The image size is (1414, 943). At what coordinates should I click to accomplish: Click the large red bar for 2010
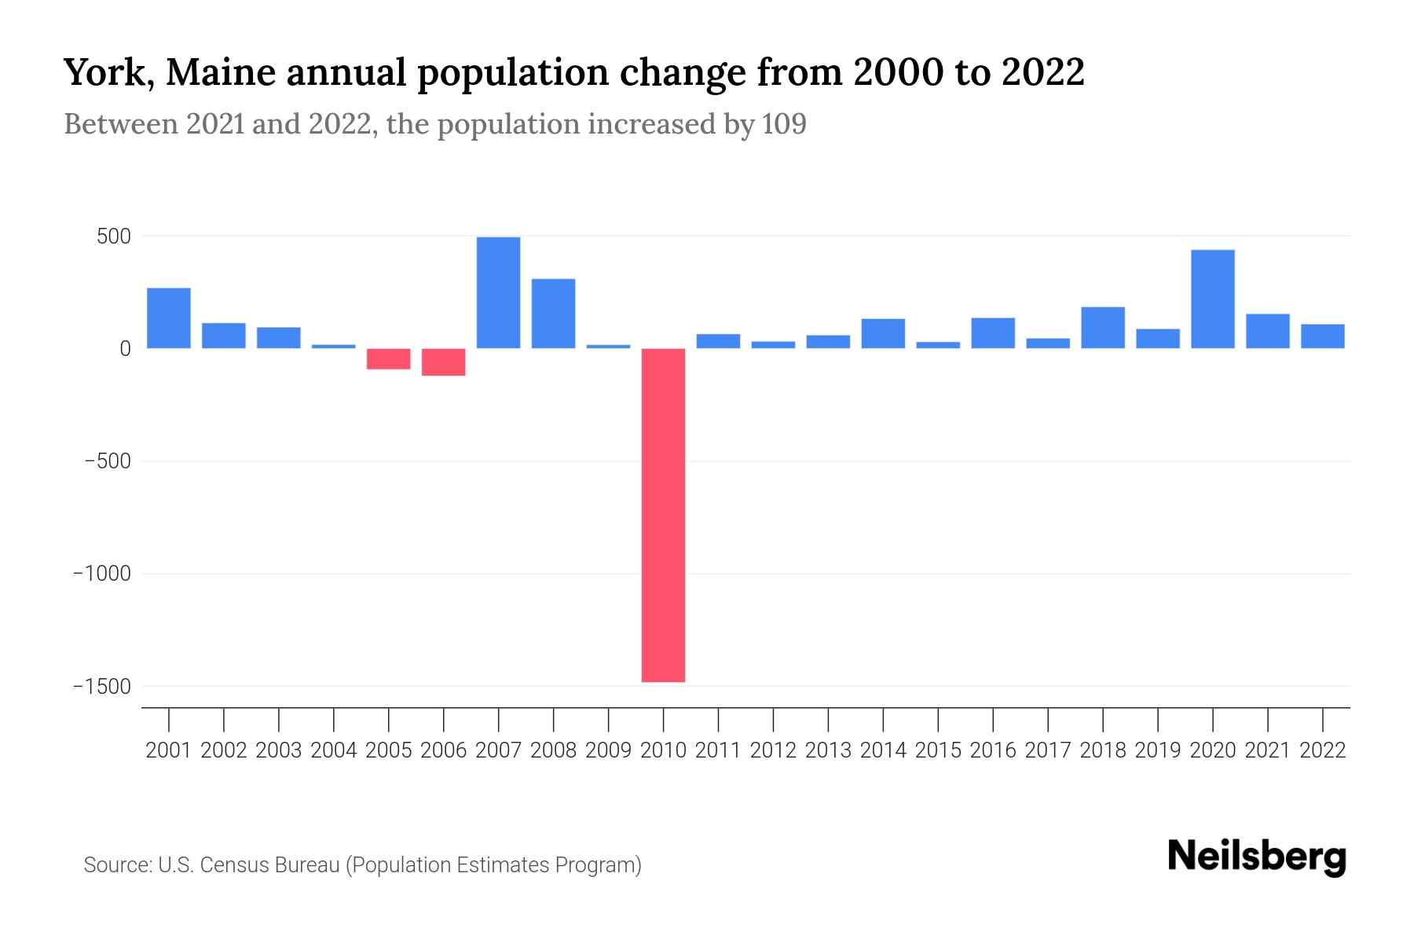pos(663,515)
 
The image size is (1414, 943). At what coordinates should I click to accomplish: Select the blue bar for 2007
pos(498,292)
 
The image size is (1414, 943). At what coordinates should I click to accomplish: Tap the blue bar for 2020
pos(1212,299)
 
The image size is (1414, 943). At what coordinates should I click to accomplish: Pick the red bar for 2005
pos(388,358)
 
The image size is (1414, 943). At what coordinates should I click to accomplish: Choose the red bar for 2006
pos(443,361)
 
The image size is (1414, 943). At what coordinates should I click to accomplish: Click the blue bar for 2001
pos(168,318)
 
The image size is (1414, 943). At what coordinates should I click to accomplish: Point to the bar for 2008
pos(553,314)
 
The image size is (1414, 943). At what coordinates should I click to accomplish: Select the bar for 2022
pos(1322,336)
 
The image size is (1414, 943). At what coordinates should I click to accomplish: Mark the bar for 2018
pos(1102,328)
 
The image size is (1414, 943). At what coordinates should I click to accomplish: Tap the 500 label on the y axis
pos(113,237)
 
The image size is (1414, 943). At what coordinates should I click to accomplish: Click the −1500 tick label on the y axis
pos(102,687)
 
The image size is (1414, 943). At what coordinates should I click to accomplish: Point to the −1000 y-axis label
pos(102,574)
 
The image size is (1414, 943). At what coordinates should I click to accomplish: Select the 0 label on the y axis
pos(125,349)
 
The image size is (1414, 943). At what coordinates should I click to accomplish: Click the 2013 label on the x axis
pos(828,750)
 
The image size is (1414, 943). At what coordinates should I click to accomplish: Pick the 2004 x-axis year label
pos(333,750)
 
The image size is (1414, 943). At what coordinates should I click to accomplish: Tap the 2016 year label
pos(993,750)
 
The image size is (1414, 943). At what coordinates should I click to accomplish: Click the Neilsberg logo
pos(1257,857)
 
